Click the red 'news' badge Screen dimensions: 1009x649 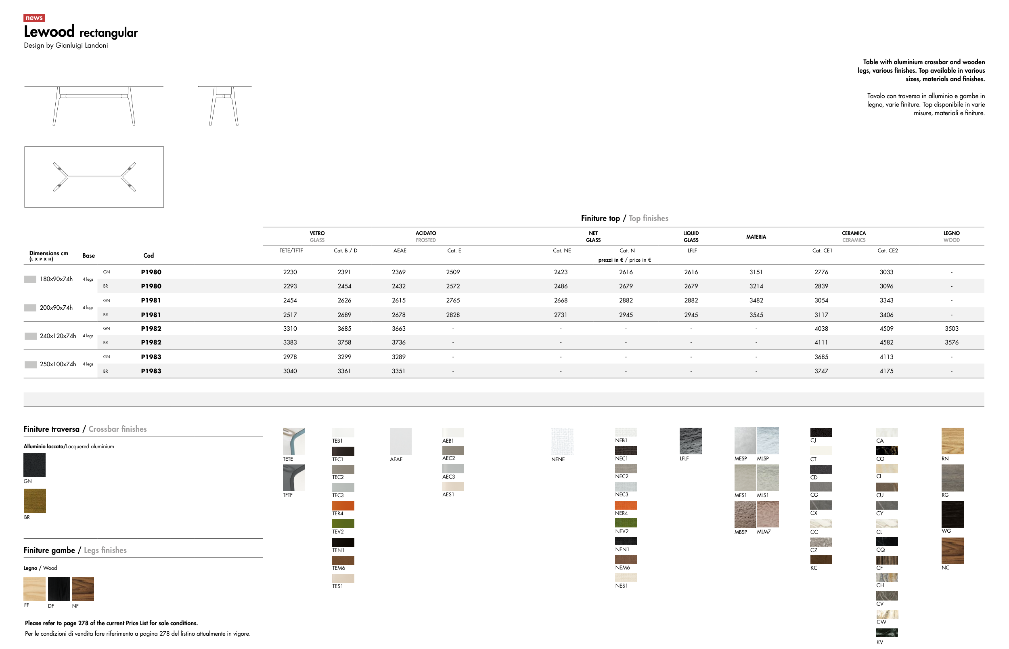coord(34,18)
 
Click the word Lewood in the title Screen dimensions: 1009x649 coord(49,32)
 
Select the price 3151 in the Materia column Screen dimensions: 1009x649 coord(756,272)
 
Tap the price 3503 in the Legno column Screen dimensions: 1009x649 coord(951,329)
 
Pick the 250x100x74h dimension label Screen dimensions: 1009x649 coord(58,364)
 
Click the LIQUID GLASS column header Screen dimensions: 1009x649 coord(691,236)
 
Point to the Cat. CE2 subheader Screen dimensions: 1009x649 coord(887,251)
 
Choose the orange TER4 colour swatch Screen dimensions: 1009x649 coord(343,506)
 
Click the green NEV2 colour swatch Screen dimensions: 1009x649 coord(626,523)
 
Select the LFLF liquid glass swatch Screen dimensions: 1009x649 coord(691,441)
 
